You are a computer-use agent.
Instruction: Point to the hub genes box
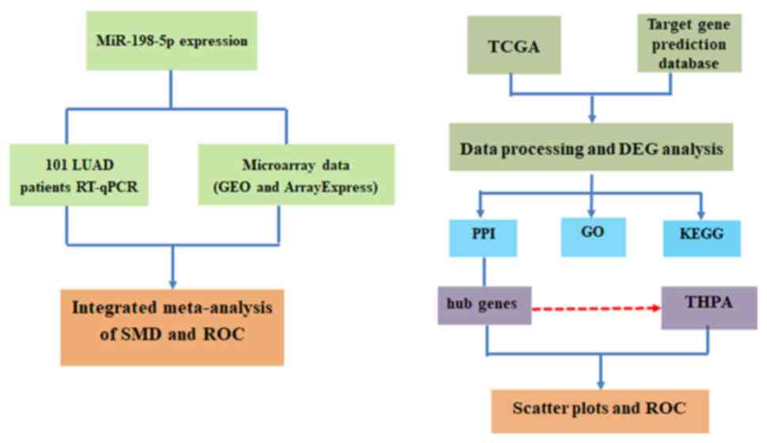(x=484, y=305)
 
